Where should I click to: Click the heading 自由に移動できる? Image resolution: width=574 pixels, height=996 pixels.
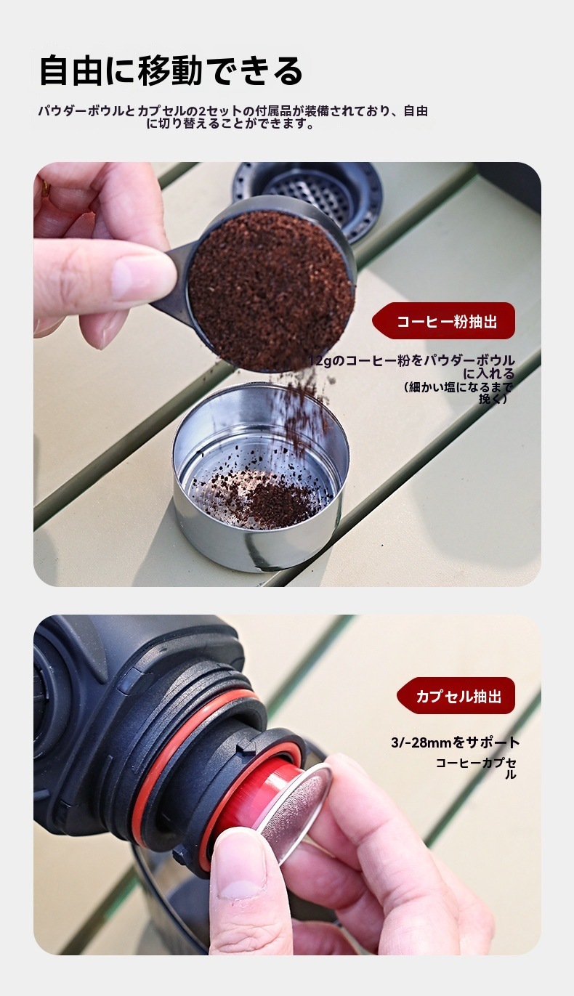pyautogui.click(x=171, y=71)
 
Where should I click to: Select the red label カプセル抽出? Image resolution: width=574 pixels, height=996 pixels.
pyautogui.click(x=458, y=696)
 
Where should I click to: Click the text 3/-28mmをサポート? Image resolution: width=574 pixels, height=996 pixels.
pyautogui.click(x=455, y=742)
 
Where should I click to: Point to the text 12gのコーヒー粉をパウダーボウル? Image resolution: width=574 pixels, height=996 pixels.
pyautogui.click(x=413, y=360)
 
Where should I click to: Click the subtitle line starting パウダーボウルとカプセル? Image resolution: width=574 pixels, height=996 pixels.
pyautogui.click(x=232, y=111)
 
